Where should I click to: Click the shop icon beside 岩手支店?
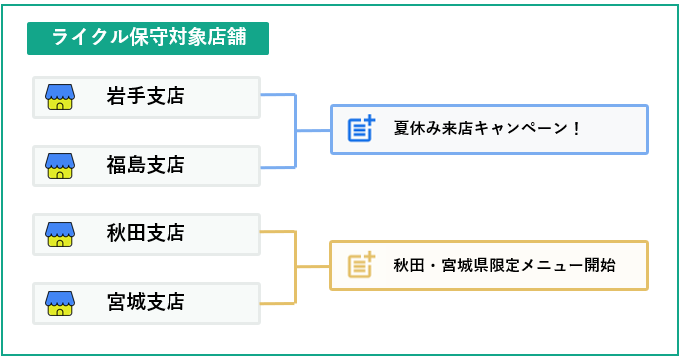[60, 97]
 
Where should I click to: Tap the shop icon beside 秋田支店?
[60, 234]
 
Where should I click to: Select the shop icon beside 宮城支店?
[60, 302]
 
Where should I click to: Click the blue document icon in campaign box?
[361, 129]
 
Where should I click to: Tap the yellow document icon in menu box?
[361, 265]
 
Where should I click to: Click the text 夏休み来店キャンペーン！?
[487, 129]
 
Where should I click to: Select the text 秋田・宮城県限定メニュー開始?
[504, 265]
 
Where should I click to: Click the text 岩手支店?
[146, 97]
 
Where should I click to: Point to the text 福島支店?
[146, 165]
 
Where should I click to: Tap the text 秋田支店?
[146, 234]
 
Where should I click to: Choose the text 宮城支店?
[146, 302]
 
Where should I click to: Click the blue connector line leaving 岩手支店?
[279, 96]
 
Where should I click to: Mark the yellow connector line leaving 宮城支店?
[279, 302]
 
